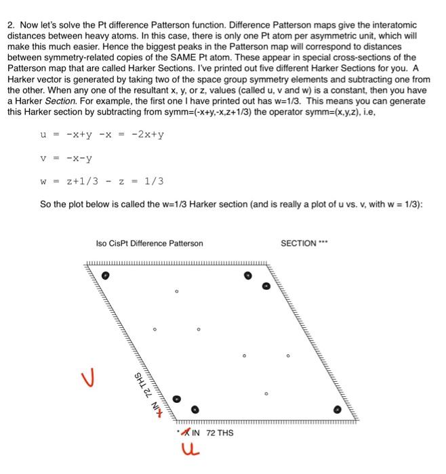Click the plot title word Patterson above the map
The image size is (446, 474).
point(184,244)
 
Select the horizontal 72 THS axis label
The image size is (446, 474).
point(220,432)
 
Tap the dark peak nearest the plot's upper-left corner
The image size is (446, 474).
point(105,276)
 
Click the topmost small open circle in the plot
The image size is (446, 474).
point(176,292)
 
